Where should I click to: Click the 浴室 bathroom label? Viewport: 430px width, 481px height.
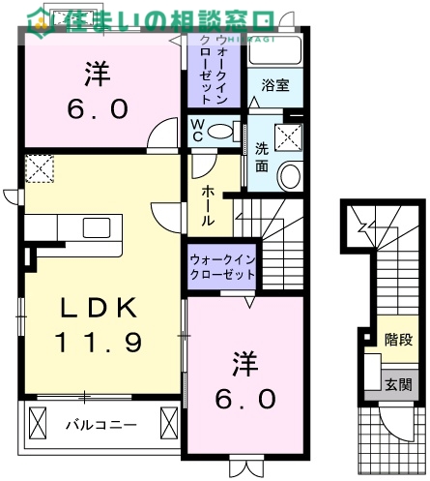pos(276,85)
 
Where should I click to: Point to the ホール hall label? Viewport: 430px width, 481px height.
pos(208,206)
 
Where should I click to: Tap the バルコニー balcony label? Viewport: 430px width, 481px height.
pos(100,424)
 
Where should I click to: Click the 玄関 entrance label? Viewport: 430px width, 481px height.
pos(397,384)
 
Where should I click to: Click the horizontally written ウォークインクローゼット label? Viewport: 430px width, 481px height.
pos(222,267)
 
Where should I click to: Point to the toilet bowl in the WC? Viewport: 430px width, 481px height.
pos(222,131)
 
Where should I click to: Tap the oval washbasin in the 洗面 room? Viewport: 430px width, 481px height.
pos(290,174)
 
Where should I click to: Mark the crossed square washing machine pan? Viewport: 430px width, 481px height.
pos(287,137)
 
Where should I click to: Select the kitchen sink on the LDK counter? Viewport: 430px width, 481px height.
pos(97,227)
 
